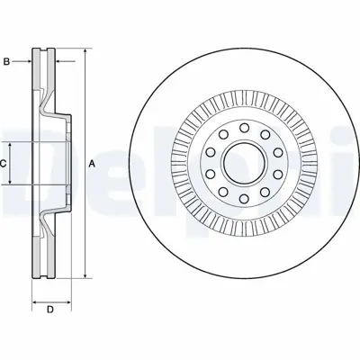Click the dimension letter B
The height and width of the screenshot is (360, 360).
6,62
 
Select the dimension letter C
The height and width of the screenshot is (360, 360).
4,163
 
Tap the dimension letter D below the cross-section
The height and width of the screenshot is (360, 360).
50,312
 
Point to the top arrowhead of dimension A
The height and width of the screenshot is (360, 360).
84,48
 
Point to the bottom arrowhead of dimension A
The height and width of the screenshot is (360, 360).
84,276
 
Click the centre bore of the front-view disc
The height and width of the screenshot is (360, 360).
241,164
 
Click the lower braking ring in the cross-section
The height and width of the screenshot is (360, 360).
40,247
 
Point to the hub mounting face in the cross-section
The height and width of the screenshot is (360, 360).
66,163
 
